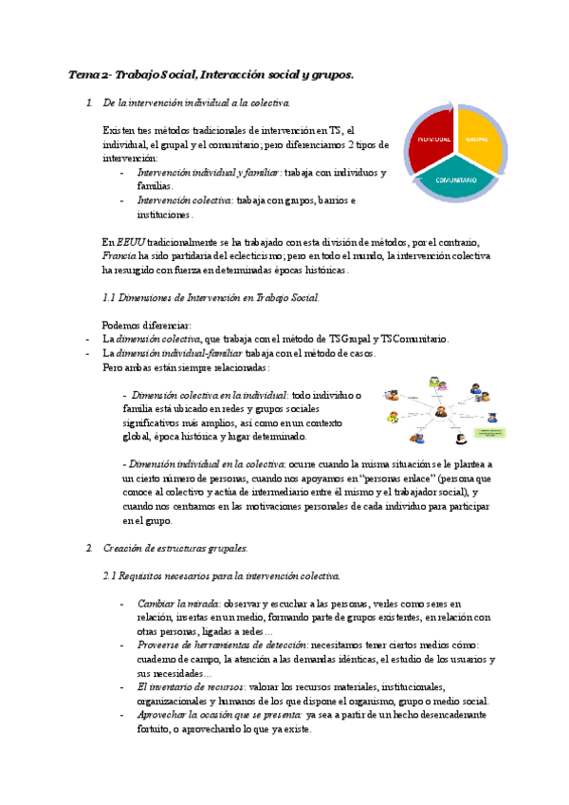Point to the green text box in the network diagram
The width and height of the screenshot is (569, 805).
[x=488, y=433]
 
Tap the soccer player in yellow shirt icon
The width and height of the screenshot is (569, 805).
[x=392, y=417]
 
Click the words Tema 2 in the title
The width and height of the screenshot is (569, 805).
[x=88, y=74]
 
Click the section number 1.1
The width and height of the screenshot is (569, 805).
[x=108, y=298]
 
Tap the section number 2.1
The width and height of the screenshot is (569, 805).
[x=109, y=577]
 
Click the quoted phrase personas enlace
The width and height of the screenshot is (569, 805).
[x=395, y=479]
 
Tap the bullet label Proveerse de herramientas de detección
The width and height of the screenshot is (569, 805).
[x=227, y=645]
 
